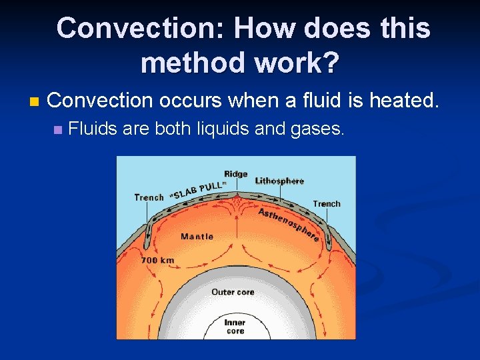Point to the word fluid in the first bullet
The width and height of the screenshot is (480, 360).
coord(315,101)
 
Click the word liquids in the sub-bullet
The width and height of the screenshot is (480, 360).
coord(224,128)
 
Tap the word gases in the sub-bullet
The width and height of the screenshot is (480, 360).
coord(317,129)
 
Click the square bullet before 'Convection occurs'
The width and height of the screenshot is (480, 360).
coord(34,102)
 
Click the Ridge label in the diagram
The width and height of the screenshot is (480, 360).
coord(236,175)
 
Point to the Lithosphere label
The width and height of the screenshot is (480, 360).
coord(279,181)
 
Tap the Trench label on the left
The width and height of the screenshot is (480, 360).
coord(149,197)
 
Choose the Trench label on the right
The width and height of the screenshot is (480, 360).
coord(326,204)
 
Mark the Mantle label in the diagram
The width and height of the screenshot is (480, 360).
coord(197,237)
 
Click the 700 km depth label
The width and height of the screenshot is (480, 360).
coord(157,261)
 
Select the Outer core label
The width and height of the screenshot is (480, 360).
coord(233,292)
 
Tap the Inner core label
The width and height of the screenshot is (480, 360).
coord(235,327)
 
